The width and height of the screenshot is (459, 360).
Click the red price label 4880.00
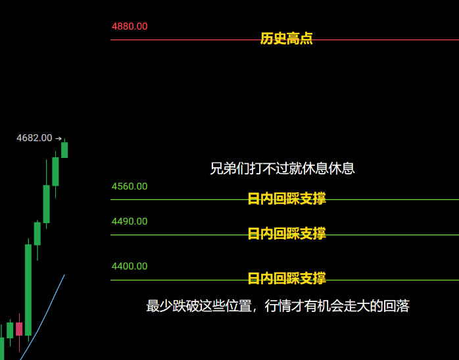[x=130, y=26]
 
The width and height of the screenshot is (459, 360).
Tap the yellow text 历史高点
[x=286, y=38]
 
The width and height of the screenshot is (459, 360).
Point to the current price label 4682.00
[x=34, y=138]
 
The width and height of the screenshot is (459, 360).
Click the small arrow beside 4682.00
[x=59, y=138]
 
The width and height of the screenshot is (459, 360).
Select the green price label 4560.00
[x=130, y=186]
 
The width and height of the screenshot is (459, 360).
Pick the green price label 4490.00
[x=130, y=221]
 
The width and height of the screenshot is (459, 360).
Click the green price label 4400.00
[x=130, y=266]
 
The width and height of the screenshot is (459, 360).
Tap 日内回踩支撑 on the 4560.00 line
[x=287, y=199]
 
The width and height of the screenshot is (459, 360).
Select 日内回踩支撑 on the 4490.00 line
[x=287, y=234]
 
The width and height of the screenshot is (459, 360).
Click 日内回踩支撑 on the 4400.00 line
[x=287, y=278]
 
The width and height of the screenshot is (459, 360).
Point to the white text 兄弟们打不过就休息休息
[x=282, y=168]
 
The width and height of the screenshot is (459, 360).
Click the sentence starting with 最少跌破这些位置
[x=278, y=306]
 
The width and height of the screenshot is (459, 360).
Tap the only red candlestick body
[x=19, y=329]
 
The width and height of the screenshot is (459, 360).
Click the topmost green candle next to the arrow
[x=64, y=150]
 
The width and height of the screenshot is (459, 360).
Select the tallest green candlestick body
[x=28, y=290]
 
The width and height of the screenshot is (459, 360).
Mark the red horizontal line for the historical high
[x=285, y=39]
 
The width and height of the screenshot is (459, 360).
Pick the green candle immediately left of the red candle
[x=10, y=330]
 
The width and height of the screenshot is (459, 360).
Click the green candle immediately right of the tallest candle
[x=37, y=234]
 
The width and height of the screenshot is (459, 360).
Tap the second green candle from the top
[x=55, y=172]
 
